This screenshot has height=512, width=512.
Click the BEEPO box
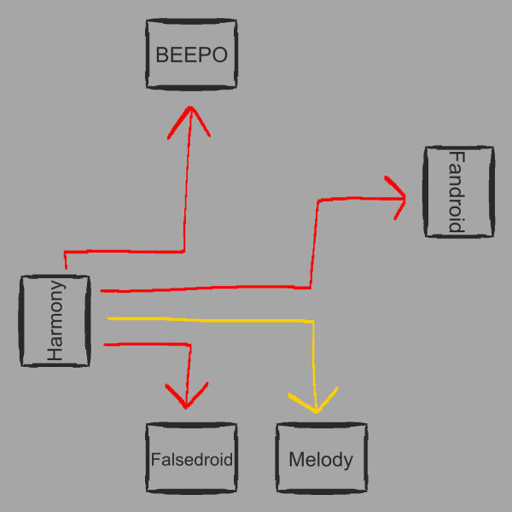tap(190, 55)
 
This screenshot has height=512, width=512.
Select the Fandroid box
tap(458, 191)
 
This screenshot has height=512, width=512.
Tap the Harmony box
tap(55, 321)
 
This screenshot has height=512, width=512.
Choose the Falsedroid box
tap(191, 459)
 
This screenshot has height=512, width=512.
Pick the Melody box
tap(321, 459)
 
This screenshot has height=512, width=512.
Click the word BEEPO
tap(190, 55)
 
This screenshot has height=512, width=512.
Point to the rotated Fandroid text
tap(457, 191)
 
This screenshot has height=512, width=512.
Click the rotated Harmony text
tap(55, 321)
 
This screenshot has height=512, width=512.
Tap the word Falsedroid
tap(191, 459)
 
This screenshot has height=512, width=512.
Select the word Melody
tap(321, 460)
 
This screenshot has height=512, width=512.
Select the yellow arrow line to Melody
tap(213, 320)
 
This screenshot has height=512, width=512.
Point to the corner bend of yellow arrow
tap(312, 322)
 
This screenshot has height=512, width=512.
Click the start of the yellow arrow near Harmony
tap(110, 318)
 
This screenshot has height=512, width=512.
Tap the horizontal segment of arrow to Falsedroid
tap(145, 344)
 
